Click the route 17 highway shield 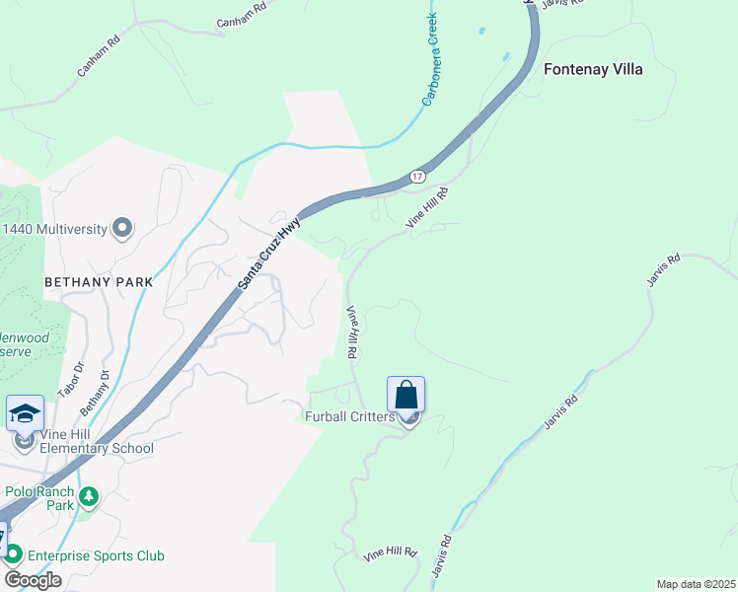point(417,175)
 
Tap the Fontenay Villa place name point(593,70)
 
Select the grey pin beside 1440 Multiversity point(122,228)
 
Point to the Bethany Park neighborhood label point(99,282)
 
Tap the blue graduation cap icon point(24,412)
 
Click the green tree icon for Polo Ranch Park point(89,495)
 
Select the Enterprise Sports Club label point(95,555)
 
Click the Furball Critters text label point(349,417)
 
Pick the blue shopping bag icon point(406,395)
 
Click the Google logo point(33,579)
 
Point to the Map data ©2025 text point(696,584)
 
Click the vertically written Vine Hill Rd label point(351,331)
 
